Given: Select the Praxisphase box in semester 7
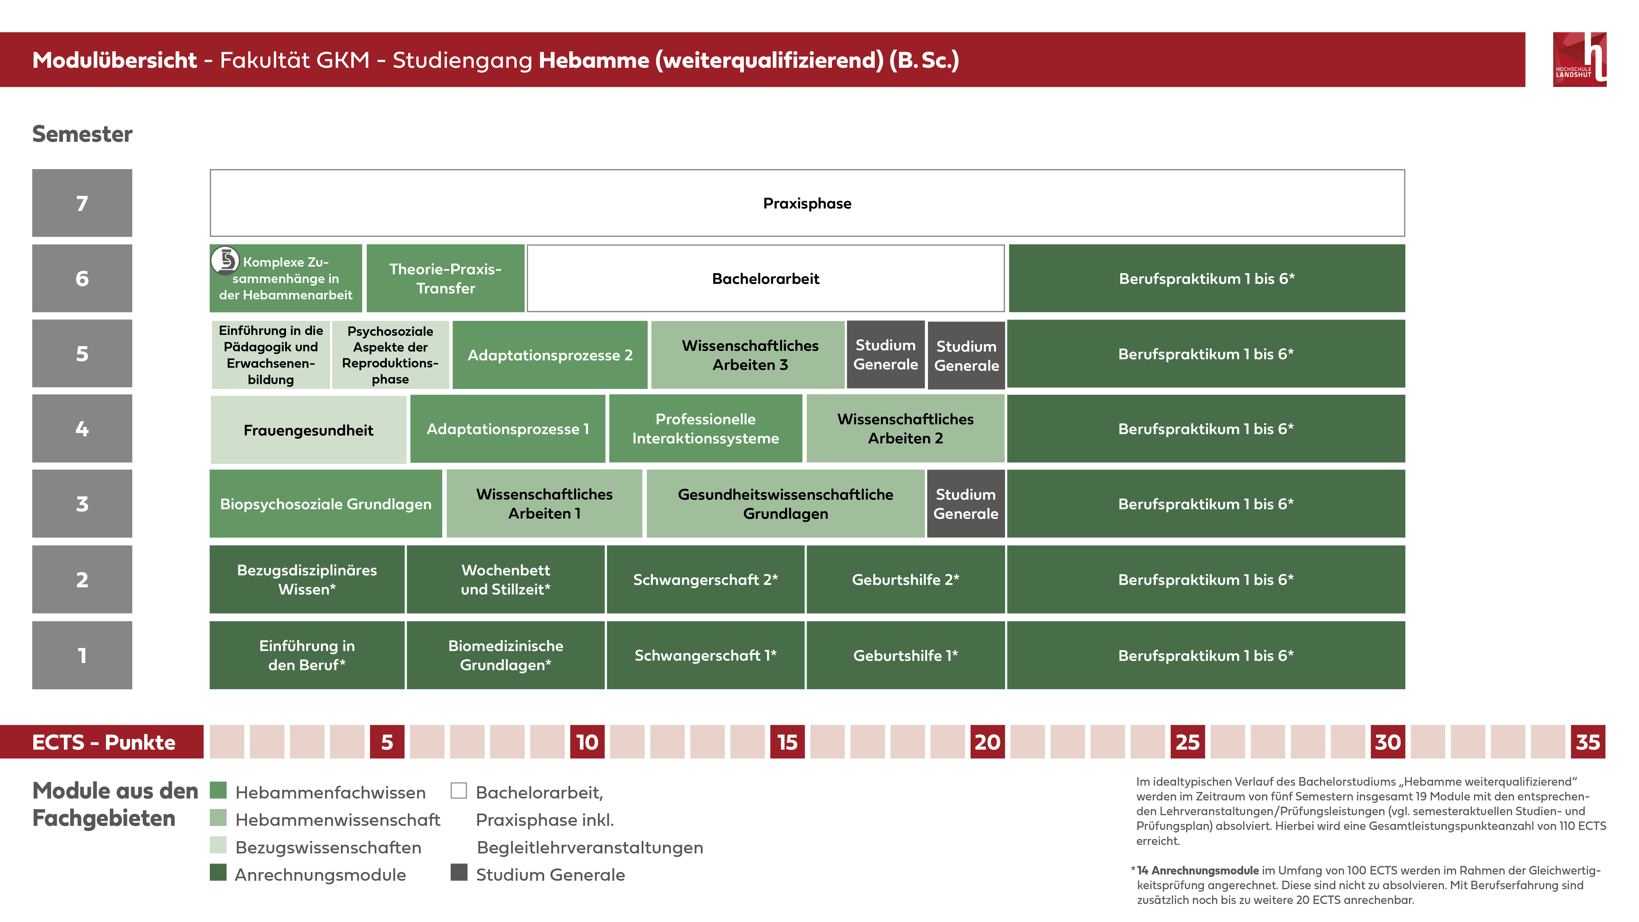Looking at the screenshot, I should [x=807, y=203].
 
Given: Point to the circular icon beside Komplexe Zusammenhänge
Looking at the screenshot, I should [x=225, y=260].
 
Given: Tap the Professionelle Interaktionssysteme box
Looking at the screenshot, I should [x=705, y=429].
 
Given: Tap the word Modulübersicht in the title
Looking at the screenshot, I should [x=114, y=60].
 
